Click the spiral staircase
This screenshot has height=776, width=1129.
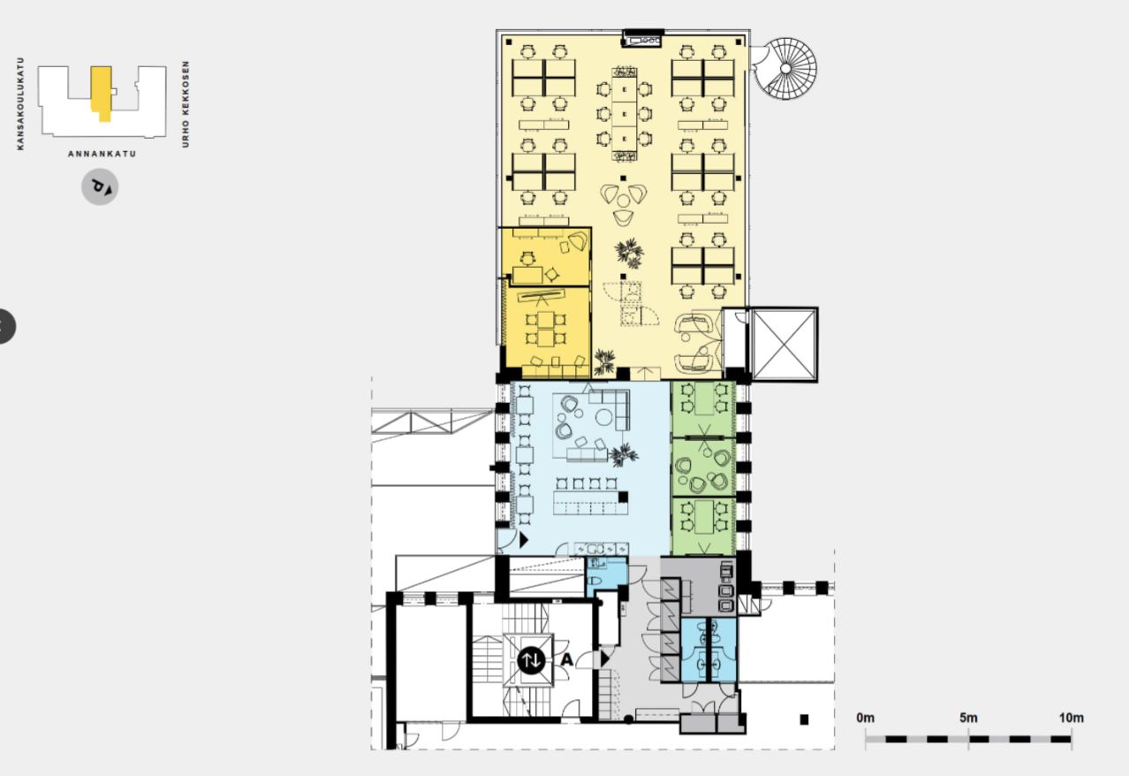point(784,68)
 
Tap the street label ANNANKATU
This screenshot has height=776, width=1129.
point(102,154)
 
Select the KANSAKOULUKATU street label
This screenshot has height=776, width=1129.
point(20,103)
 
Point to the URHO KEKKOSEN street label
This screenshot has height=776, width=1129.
point(186,104)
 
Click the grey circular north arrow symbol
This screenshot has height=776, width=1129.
point(100,187)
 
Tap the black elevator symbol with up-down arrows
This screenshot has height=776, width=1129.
point(531,659)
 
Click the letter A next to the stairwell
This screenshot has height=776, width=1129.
point(567,659)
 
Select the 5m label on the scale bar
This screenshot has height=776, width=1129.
point(968,718)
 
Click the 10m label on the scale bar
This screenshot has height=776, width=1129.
point(1071,718)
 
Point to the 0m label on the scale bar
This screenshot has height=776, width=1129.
point(866,718)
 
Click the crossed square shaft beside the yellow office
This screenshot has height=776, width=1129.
point(784,345)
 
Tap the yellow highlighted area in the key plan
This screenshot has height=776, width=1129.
point(102,94)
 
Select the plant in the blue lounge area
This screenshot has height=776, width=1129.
point(624,455)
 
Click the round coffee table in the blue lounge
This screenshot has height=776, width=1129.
point(604,417)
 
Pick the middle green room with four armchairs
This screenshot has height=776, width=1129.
point(703,468)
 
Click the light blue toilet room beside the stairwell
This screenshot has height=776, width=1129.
point(607,577)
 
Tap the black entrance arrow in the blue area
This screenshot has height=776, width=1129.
point(524,540)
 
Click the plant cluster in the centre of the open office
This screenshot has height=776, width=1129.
point(629,253)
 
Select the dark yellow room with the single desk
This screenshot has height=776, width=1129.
point(546,257)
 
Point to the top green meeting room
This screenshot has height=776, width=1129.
point(703,409)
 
